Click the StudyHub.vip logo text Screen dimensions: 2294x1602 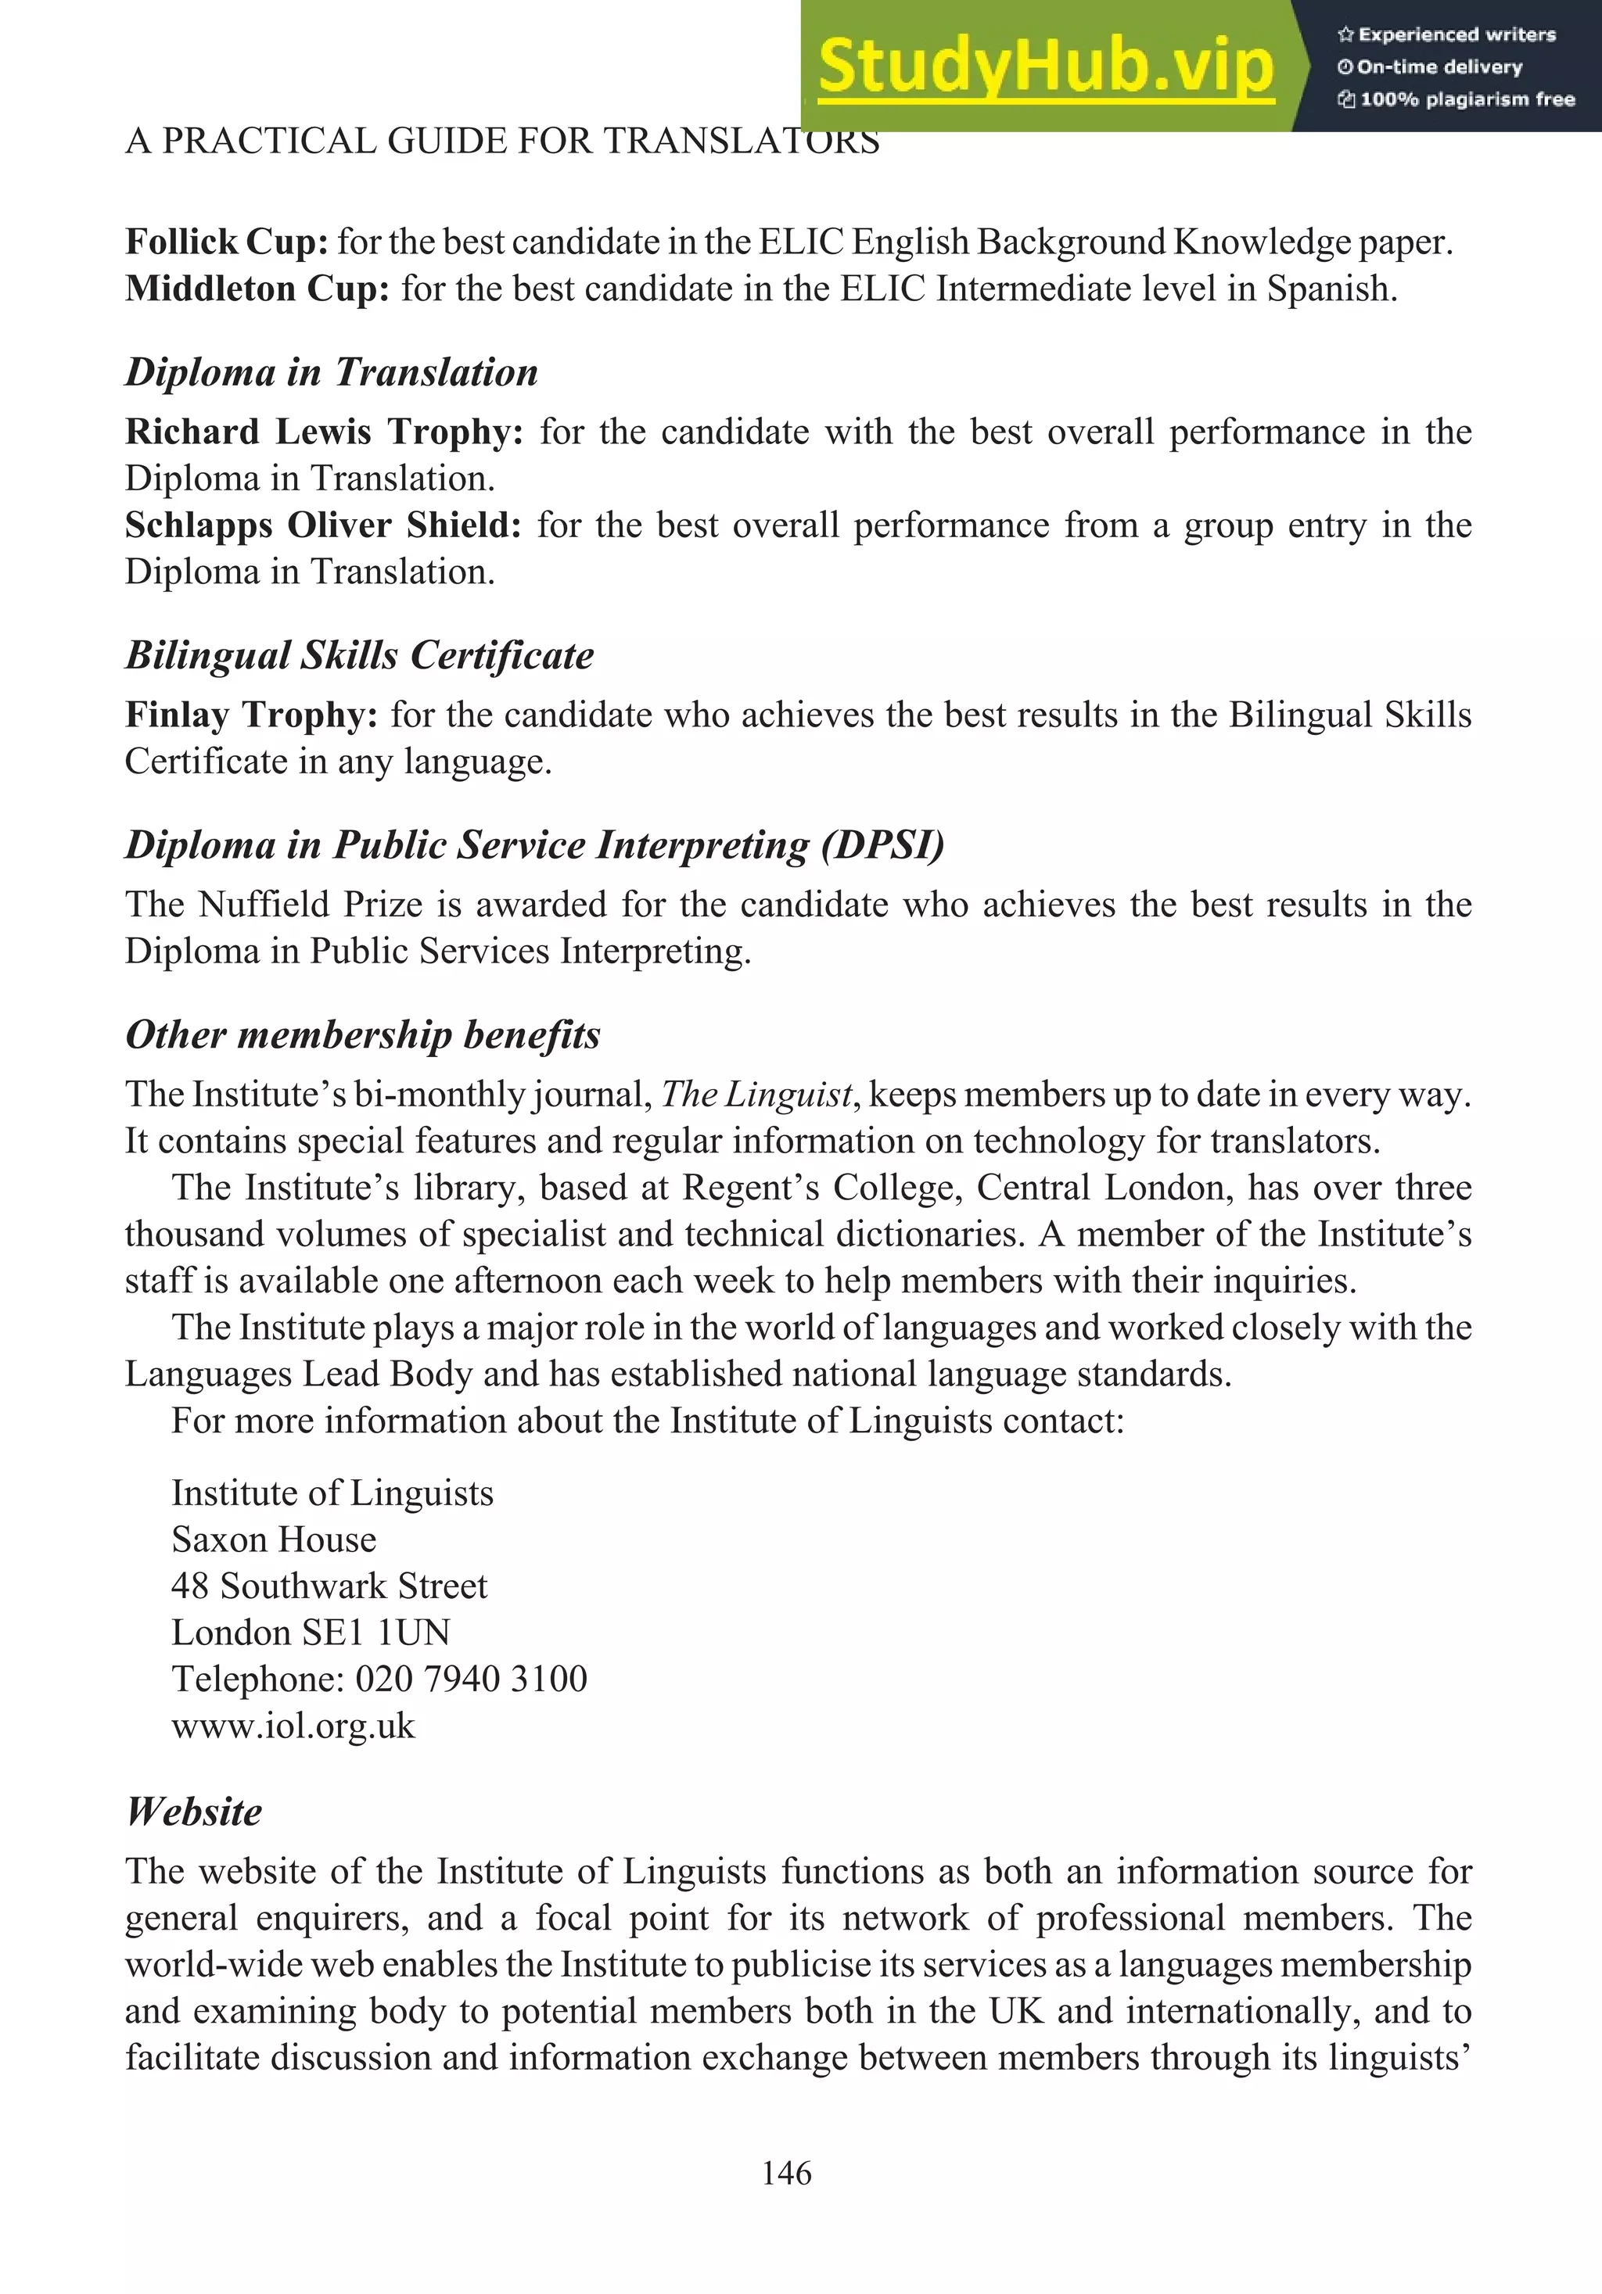[x=1045, y=66]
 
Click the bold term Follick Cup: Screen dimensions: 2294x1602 [x=226, y=242]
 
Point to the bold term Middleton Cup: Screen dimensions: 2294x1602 [x=257, y=289]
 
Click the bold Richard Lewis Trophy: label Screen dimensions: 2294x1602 [x=324, y=432]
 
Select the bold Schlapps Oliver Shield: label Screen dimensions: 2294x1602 [x=323, y=525]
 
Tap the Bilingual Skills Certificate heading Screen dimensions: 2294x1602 [x=359, y=655]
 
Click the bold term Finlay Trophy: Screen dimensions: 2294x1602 [x=251, y=715]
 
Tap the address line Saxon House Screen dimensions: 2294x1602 [x=274, y=1539]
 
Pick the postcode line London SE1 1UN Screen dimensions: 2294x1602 [x=310, y=1633]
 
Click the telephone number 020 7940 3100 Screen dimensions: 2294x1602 [x=471, y=1679]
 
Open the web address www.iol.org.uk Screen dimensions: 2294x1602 [x=293, y=1726]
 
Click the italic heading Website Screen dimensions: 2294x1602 [x=194, y=1812]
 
